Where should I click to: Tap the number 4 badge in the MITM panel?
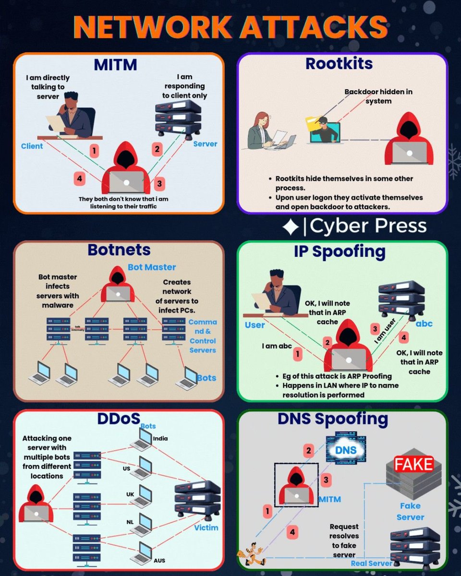click(x=80, y=179)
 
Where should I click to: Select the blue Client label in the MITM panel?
click(x=32, y=146)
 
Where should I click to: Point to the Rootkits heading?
click(x=339, y=64)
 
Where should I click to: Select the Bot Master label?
click(x=152, y=267)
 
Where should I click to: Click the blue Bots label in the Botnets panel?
click(x=206, y=378)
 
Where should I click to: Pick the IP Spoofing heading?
click(x=340, y=251)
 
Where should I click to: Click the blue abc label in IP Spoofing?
click(x=424, y=323)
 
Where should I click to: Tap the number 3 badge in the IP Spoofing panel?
click(x=376, y=329)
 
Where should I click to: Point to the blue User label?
click(x=255, y=325)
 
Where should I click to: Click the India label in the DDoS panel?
click(x=160, y=438)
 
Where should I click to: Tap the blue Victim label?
click(x=206, y=528)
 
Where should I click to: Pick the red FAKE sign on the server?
click(x=413, y=464)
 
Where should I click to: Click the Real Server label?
click(x=372, y=563)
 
